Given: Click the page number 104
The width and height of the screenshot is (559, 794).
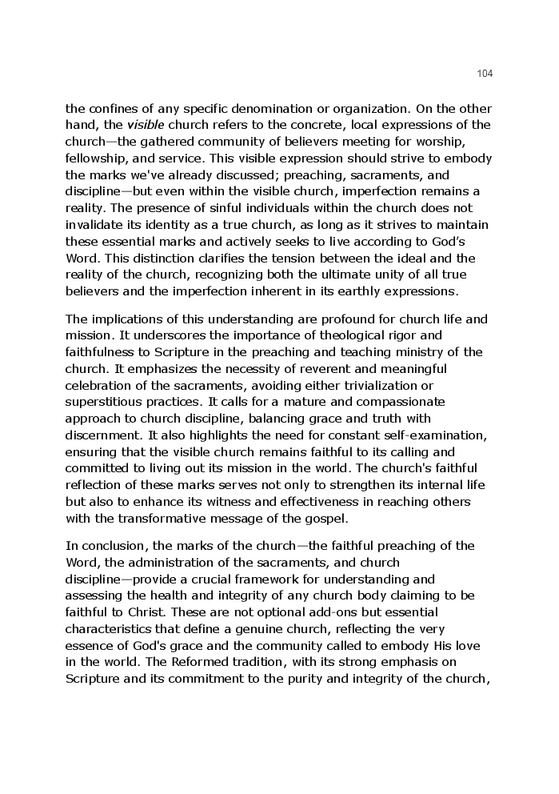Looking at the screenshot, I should [485, 74].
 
